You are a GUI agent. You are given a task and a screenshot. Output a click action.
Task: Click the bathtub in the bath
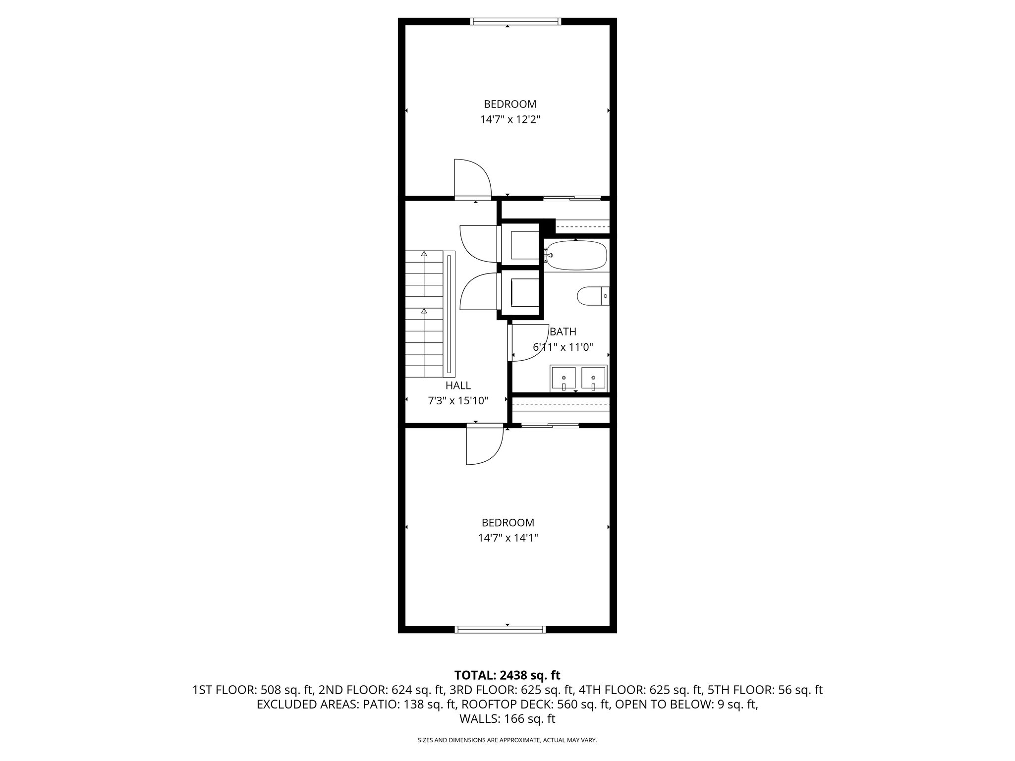(x=576, y=255)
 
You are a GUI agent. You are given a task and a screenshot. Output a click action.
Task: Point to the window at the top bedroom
(x=515, y=21)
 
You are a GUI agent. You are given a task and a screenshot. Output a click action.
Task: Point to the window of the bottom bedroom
(x=500, y=629)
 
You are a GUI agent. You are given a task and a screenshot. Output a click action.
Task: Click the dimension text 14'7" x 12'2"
(x=509, y=119)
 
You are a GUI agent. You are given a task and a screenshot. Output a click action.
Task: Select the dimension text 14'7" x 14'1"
(x=508, y=538)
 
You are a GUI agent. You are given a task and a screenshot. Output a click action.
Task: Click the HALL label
(x=458, y=385)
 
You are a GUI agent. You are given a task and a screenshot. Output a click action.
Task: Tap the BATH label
(x=563, y=332)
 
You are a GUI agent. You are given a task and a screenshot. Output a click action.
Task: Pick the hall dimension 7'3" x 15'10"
(x=458, y=401)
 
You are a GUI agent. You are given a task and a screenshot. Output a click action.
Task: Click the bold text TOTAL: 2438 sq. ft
(x=507, y=675)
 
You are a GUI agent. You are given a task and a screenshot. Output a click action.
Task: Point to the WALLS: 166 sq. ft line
(x=507, y=719)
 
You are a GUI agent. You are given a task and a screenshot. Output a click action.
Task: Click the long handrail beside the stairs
(x=450, y=313)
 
